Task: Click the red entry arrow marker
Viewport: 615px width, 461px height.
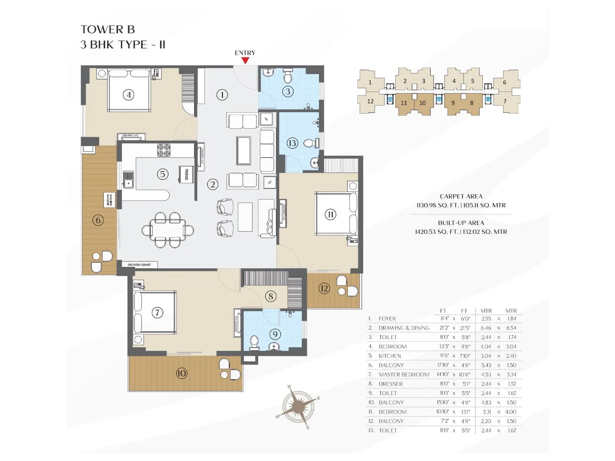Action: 245,60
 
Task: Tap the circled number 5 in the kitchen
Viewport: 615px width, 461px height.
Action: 163,174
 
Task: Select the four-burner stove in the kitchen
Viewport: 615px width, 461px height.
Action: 164,150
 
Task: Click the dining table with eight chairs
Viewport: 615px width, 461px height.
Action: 168,230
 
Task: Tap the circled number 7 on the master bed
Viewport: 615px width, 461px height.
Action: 157,313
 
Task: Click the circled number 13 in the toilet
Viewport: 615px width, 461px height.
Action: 292,143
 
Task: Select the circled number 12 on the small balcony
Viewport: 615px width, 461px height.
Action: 324,288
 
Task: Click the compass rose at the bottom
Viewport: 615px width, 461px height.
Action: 298,406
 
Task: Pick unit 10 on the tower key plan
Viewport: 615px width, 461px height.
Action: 422,103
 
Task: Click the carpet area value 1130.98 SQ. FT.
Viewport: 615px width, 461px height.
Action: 437,206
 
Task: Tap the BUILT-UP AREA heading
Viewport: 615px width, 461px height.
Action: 461,223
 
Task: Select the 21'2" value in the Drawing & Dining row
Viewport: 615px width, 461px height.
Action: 444,328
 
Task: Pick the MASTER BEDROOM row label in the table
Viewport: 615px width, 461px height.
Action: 404,375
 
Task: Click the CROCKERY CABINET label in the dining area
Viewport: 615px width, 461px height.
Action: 139,265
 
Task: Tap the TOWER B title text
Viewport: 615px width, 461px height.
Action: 108,30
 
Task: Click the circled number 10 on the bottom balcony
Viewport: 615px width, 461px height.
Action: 181,373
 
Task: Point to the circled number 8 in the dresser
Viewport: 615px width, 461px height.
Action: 271,296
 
